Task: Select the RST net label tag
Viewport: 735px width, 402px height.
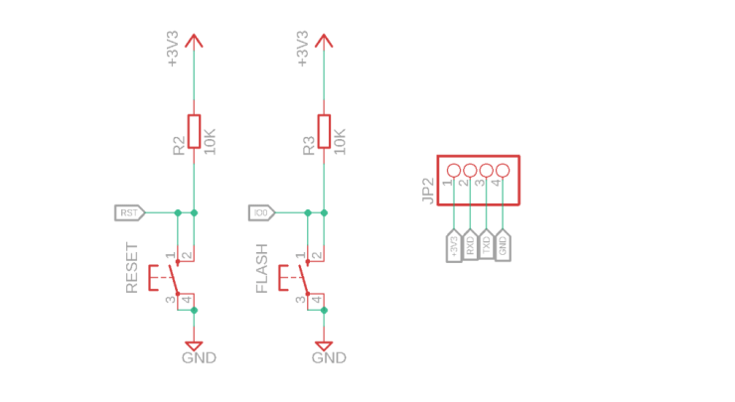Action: (x=130, y=212)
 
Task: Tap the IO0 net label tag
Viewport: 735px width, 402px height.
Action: (x=260, y=212)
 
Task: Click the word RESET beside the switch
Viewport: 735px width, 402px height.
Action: (x=132, y=268)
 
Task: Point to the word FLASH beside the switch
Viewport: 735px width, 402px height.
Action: (x=262, y=268)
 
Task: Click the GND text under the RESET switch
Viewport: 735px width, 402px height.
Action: (x=199, y=357)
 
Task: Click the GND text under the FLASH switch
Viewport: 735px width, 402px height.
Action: (x=329, y=357)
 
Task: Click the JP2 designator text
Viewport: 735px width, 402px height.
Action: (x=428, y=191)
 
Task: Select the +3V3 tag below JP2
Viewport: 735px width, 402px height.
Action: (x=455, y=245)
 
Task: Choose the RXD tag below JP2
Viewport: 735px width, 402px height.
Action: (x=471, y=245)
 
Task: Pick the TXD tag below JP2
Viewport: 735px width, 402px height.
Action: (x=487, y=245)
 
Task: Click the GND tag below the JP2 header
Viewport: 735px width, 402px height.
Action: (x=503, y=245)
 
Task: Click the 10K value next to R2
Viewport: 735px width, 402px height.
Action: (x=210, y=139)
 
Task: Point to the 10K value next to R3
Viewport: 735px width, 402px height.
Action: (x=340, y=139)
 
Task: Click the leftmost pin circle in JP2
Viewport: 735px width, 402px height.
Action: (x=455, y=171)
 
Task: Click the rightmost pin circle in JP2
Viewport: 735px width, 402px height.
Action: (x=503, y=171)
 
